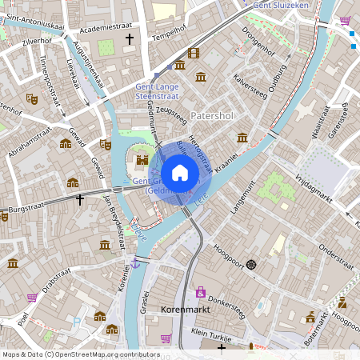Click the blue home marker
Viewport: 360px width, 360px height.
[180, 172]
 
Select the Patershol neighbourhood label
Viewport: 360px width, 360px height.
[213, 115]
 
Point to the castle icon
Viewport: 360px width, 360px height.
[142, 160]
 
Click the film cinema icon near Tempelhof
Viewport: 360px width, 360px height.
[193, 54]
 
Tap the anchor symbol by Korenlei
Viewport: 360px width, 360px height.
[135, 262]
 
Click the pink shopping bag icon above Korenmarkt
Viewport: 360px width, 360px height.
[200, 291]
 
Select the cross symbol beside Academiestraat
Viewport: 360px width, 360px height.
[130, 38]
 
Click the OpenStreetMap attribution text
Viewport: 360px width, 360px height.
[81, 354]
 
